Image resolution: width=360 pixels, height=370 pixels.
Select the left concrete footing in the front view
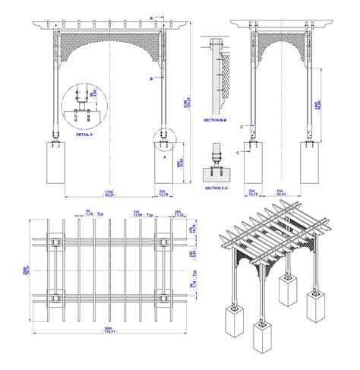click(55, 164)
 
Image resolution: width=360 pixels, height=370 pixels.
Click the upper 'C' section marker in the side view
click(243, 127)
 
